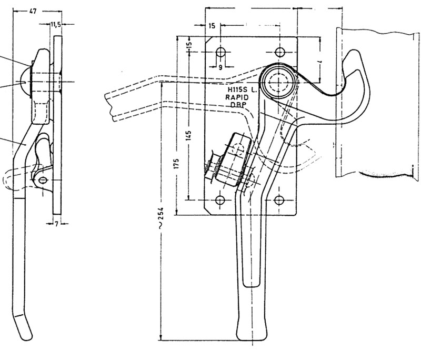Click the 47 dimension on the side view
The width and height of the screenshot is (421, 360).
33,11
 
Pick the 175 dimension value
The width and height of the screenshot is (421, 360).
177,164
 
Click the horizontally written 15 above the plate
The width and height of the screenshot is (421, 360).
212,25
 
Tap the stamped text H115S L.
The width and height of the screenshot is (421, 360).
239,91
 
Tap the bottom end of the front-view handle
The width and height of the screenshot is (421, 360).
254,337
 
